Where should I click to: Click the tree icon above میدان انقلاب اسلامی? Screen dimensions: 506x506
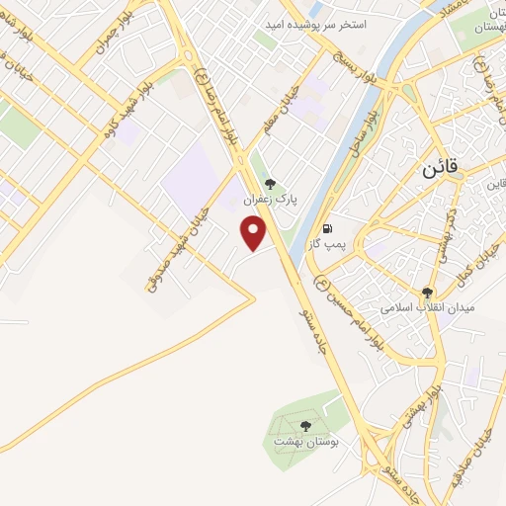click(427, 293)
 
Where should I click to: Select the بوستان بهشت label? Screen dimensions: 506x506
click(306, 441)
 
